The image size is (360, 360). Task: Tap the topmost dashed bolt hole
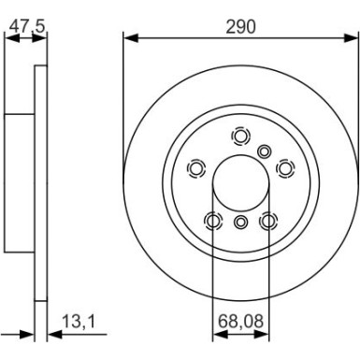(241, 137)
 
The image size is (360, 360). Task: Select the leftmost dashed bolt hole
(196, 168)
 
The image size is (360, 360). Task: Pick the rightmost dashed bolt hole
(286, 168)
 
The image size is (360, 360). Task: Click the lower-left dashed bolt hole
(214, 221)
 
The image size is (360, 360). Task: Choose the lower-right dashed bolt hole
(269, 221)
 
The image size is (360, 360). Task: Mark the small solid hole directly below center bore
(241, 222)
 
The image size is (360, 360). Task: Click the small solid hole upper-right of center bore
(266, 151)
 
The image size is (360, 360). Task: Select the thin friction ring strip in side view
(40, 187)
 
